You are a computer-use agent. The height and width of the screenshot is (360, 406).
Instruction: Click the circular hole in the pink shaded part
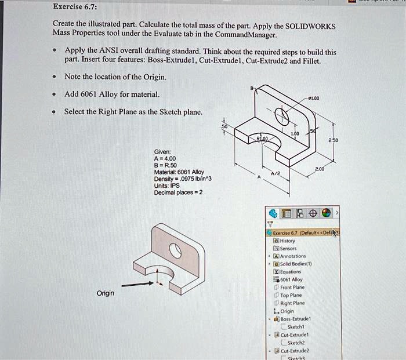click(176, 251)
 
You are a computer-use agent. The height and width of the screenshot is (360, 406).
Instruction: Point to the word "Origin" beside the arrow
click(106, 293)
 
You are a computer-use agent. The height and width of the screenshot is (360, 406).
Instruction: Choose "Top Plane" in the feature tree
click(292, 294)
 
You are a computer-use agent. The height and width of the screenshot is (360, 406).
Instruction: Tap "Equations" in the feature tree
click(291, 271)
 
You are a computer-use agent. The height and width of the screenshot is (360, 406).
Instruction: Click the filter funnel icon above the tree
click(270, 223)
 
